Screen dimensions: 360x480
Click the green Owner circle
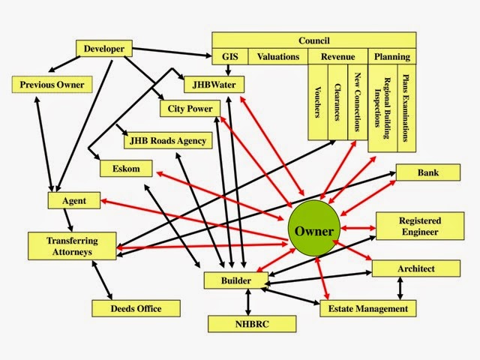[313, 230]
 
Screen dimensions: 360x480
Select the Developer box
[104, 49]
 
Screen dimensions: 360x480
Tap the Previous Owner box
[52, 84]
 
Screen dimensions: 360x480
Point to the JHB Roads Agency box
[168, 141]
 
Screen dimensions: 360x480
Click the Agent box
[74, 201]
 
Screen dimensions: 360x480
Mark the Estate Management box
[367, 308]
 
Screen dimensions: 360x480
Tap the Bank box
[428, 173]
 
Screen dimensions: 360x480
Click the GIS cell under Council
[229, 56]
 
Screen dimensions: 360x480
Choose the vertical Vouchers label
[318, 101]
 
